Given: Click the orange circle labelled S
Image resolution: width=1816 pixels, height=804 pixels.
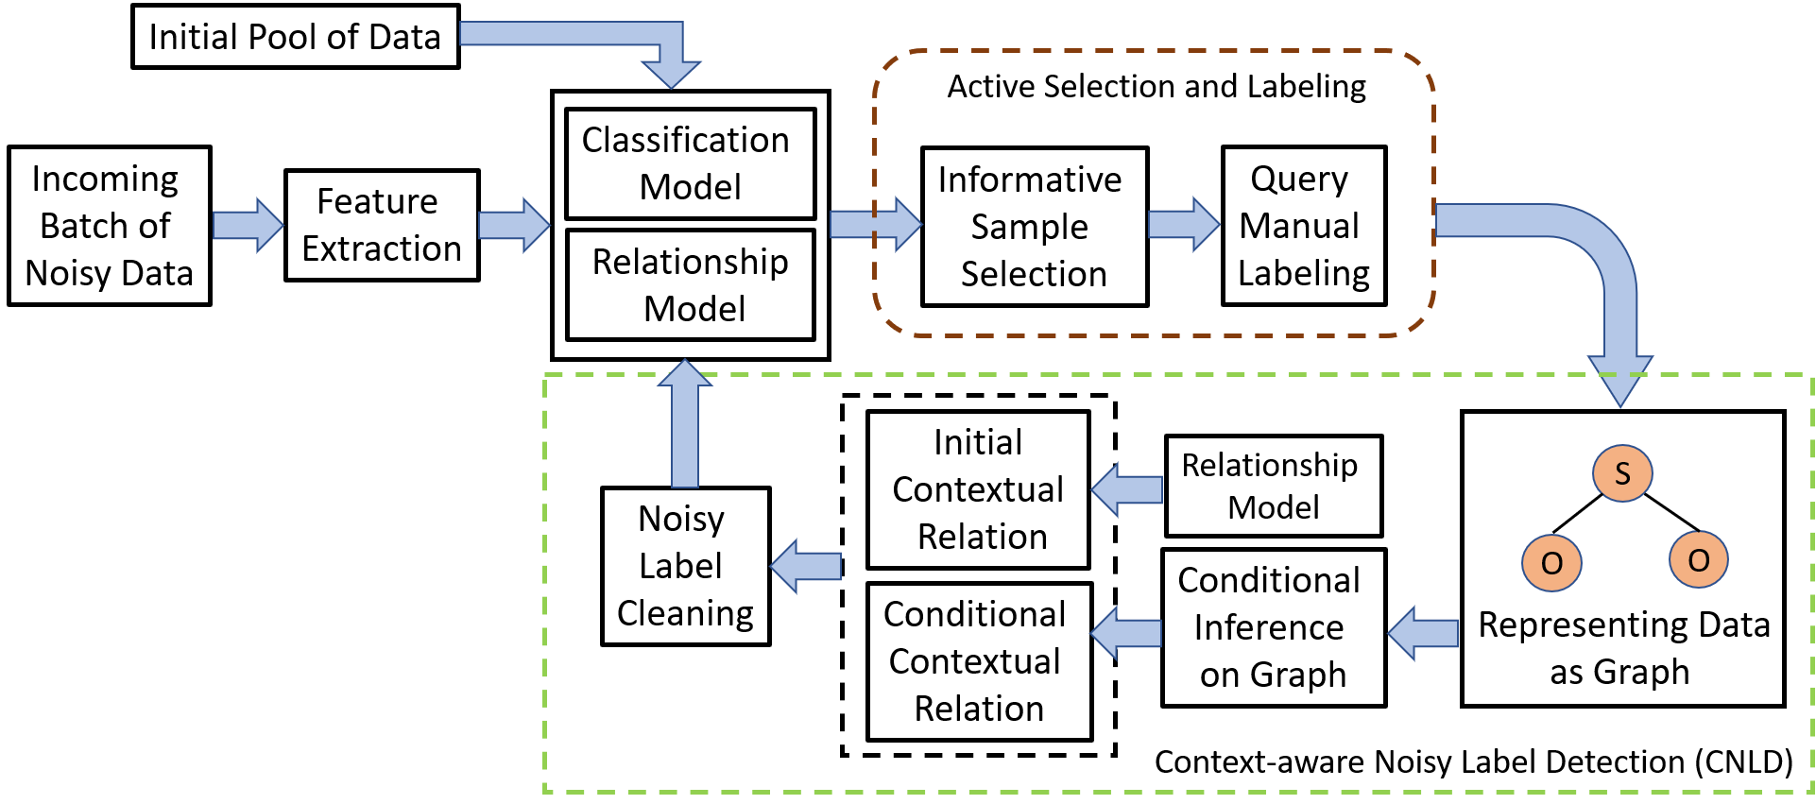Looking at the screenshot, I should click(1622, 473).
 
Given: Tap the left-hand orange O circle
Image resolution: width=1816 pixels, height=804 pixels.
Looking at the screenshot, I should click(1551, 563).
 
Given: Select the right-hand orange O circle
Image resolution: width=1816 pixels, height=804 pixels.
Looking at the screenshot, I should click(1698, 560).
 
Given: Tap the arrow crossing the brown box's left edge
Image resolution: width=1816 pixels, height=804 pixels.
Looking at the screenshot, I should click(875, 224).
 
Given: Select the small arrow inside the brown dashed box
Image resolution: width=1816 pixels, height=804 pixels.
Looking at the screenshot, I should click(1184, 224).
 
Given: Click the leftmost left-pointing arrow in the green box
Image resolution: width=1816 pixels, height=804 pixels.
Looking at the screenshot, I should click(806, 566).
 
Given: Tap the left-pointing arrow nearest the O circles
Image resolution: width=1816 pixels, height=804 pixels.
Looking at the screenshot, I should click(1423, 633).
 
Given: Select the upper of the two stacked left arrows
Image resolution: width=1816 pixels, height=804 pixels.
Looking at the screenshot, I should click(1126, 489).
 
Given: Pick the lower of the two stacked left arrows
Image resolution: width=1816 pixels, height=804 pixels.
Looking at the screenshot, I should click(1126, 633).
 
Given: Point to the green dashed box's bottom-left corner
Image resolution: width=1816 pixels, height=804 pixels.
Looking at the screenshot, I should click(546, 790).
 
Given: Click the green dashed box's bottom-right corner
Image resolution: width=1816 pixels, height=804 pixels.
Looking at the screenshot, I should click(1811, 790).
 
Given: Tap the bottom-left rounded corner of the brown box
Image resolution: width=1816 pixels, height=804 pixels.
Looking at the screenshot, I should click(888, 322).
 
